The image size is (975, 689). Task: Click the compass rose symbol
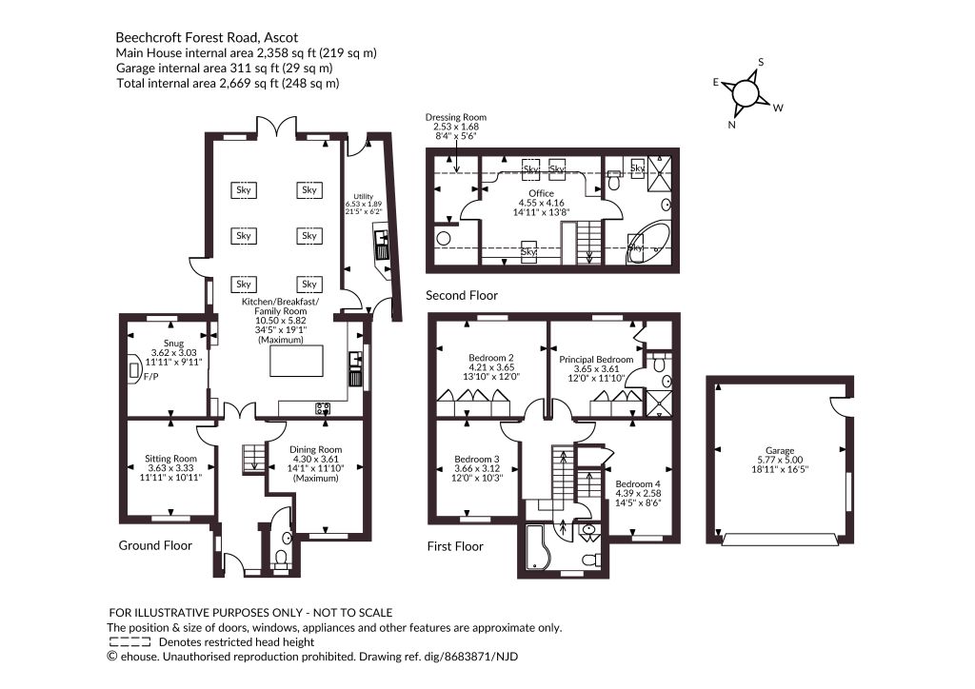pyautogui.click(x=746, y=93)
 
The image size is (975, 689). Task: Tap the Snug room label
pyautogui.click(x=173, y=352)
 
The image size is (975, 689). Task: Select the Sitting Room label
pyautogui.click(x=171, y=468)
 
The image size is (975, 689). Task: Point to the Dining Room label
pyautogui.click(x=316, y=463)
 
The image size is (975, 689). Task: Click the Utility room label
pyautogui.click(x=364, y=203)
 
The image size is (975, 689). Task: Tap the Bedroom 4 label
pyautogui.click(x=638, y=493)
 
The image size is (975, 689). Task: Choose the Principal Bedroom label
pyautogui.click(x=596, y=368)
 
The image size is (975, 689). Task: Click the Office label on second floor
pyautogui.click(x=541, y=203)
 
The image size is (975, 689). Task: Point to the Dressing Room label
pyautogui.click(x=456, y=127)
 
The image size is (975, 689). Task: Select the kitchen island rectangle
pyautogui.click(x=297, y=361)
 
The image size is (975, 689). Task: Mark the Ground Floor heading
pyautogui.click(x=155, y=545)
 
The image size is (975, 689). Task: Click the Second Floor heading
pyautogui.click(x=462, y=295)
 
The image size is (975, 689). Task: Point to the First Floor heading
pyautogui.click(x=455, y=546)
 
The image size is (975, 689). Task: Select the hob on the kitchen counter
pyautogui.click(x=323, y=409)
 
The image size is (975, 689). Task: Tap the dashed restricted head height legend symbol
pyautogui.click(x=129, y=642)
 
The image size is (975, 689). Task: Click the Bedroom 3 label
pyautogui.click(x=477, y=468)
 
